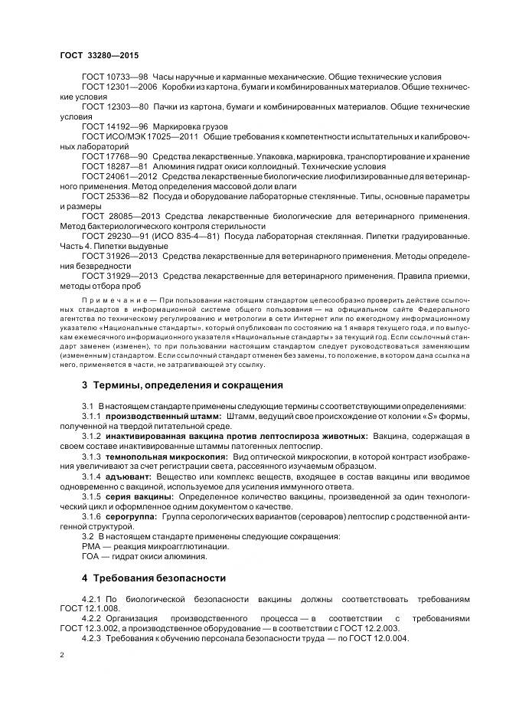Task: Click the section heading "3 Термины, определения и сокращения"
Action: click(182, 385)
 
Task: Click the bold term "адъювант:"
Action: click(129, 476)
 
